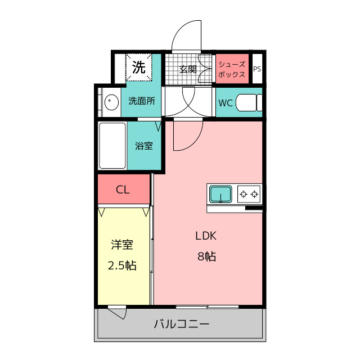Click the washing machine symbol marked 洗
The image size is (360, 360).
tap(139, 67)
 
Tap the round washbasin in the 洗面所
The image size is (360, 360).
tap(111, 102)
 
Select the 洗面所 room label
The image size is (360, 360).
tap(142, 101)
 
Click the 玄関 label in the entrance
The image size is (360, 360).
tap(188, 69)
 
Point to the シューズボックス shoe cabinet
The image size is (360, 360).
tap(232, 69)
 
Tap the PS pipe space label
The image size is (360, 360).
tap(257, 69)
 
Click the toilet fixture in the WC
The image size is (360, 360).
tap(249, 102)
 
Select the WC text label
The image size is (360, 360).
tap(226, 103)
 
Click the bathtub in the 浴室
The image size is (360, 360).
tap(112, 146)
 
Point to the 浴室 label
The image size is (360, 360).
tap(144, 146)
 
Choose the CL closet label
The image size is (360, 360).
tap(123, 190)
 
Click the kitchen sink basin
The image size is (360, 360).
tap(220, 194)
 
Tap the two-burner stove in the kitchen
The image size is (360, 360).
tap(249, 194)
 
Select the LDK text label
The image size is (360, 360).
tap(206, 236)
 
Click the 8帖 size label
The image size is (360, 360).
tap(206, 256)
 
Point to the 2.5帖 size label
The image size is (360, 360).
tap(122, 265)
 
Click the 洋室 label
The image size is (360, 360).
tap(122, 245)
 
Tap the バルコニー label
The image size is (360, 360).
tap(182, 324)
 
